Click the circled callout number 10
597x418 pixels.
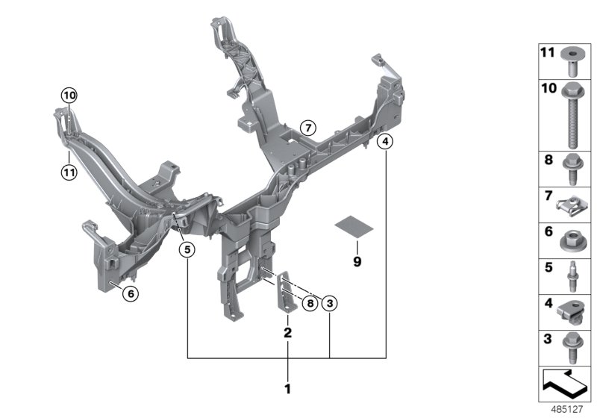(x=69, y=96)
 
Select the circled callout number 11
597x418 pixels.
(x=69, y=173)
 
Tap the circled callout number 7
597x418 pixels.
(x=308, y=128)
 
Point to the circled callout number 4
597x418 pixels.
(x=385, y=142)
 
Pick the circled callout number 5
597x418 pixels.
(x=187, y=250)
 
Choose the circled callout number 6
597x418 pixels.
(x=131, y=293)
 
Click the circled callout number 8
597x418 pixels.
(x=310, y=303)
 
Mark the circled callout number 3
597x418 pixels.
(x=330, y=303)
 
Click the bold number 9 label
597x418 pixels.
(x=357, y=261)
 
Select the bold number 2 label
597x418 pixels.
(x=288, y=332)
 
